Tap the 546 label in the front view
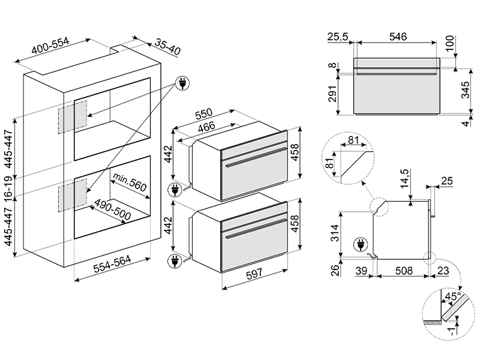398,37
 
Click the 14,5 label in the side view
405,178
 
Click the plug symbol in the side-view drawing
361,245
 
